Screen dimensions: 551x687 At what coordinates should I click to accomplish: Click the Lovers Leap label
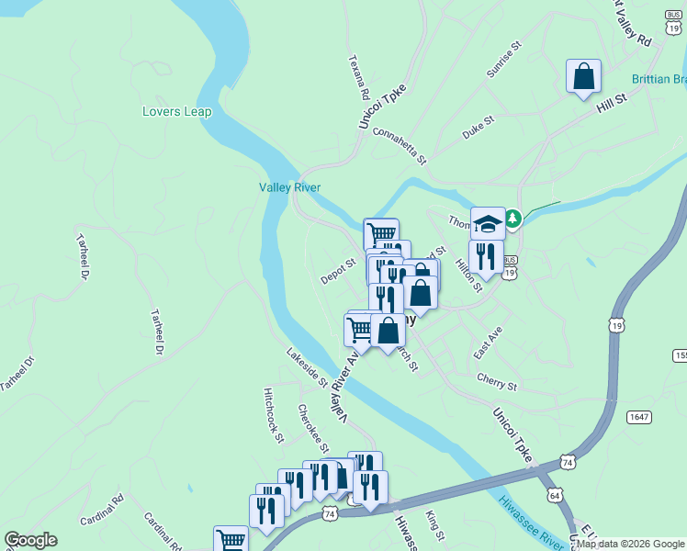point(177,112)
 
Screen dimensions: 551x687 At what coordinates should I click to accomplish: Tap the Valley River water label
point(289,188)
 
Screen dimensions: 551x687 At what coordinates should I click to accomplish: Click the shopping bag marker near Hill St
point(584,77)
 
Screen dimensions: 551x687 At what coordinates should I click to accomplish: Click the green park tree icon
point(513,219)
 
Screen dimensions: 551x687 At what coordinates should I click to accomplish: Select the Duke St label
point(479,127)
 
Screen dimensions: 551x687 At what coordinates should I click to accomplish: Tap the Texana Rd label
point(358,77)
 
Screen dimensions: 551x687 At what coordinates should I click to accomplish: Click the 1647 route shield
point(640,417)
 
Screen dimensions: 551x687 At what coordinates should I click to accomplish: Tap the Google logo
point(30,540)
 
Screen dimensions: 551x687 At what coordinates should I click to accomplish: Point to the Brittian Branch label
point(659,80)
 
